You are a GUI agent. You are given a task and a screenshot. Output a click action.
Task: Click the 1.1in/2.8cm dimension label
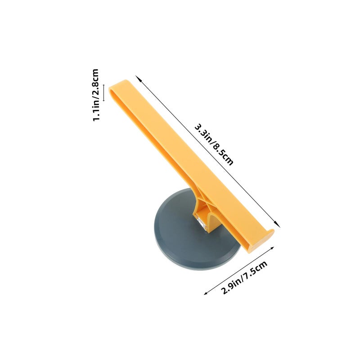96,95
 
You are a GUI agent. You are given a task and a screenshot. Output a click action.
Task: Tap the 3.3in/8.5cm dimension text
214,144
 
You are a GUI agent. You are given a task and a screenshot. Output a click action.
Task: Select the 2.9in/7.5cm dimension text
244,277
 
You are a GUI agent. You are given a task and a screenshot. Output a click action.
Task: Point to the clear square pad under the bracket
202,223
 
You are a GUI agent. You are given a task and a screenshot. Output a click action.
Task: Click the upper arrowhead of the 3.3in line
138,78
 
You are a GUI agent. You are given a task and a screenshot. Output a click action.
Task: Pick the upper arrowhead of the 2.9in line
272,248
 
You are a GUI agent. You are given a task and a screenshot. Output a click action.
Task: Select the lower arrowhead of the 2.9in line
206,293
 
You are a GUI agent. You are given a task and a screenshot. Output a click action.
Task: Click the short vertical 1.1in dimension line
104,93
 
